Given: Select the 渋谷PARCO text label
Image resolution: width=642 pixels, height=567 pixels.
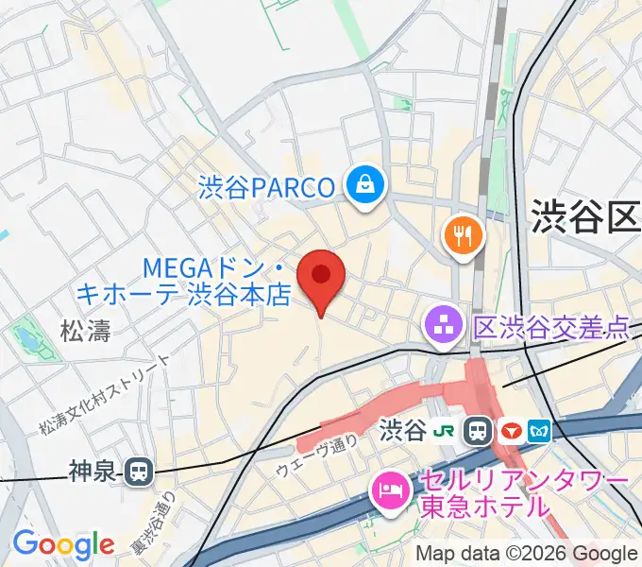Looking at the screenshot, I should [267, 187].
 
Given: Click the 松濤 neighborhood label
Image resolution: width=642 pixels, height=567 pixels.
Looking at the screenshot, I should [85, 331].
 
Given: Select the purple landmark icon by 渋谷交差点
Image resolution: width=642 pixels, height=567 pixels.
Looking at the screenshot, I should [441, 327].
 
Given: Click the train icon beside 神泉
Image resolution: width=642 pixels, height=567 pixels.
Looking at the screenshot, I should [140, 469].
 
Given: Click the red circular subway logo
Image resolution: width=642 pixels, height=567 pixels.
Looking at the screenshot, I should [511, 432].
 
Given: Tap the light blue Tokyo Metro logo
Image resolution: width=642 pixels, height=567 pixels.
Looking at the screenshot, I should [540, 432].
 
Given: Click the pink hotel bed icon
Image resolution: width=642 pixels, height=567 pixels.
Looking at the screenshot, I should [388, 490].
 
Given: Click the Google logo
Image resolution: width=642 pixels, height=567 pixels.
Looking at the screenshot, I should [63, 544].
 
